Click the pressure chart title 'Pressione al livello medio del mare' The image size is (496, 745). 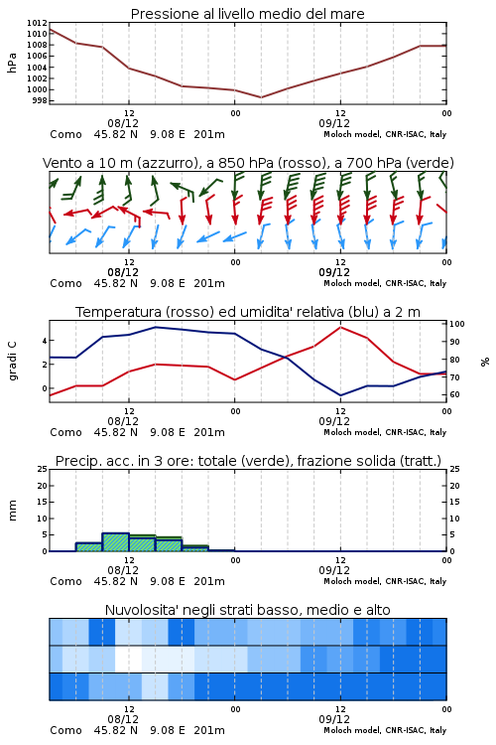tap(247, 14)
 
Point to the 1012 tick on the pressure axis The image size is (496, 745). tap(37, 23)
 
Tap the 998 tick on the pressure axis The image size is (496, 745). tap(40, 100)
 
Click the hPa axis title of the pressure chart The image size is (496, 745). tap(12, 63)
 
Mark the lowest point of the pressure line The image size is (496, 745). tap(261, 97)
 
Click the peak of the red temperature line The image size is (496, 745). tap(340, 327)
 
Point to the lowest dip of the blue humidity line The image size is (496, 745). tap(340, 395)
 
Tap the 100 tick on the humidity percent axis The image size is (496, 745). tap(457, 324)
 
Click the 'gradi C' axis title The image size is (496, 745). tap(12, 362)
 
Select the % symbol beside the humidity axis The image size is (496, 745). tap(485, 362)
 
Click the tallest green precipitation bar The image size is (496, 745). tap(116, 542)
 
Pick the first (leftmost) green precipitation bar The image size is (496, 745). tap(89, 547)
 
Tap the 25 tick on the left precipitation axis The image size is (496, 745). tap(43, 469)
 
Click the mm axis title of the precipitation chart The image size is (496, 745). tap(12, 511)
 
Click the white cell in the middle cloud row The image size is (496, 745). tap(129, 659)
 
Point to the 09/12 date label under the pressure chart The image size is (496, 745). tap(334, 123)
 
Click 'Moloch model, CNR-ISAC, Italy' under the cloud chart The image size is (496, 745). tap(385, 730)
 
